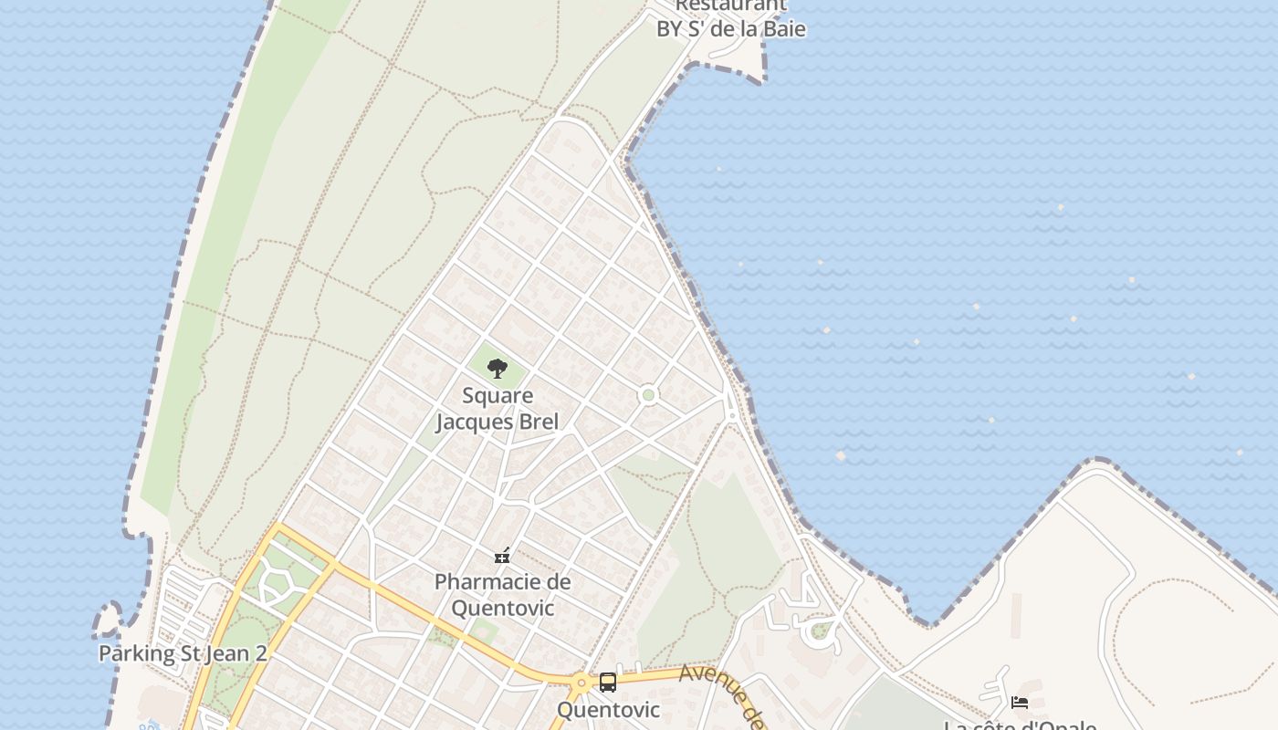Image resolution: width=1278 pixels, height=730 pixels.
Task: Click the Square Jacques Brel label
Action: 498,409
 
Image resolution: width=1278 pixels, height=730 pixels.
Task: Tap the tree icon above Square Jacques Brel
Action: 498,369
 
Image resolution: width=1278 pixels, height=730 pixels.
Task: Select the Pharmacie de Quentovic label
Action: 502,594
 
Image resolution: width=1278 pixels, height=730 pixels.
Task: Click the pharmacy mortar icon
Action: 502,555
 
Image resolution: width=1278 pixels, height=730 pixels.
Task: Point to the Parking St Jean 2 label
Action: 183,653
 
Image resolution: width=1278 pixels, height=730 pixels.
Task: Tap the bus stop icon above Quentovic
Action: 608,682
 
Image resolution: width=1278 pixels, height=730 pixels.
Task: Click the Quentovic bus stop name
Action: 608,709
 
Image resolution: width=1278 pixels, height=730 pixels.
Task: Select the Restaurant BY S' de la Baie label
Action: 731,18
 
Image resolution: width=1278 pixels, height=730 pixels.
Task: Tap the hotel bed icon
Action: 1020,702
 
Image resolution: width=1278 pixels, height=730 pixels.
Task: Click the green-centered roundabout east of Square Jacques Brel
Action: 648,395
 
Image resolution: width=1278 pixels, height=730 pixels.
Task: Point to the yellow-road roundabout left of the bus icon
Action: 581,682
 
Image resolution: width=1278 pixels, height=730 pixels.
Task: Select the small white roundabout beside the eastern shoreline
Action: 731,416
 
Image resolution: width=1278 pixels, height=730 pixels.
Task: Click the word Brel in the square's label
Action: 539,422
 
